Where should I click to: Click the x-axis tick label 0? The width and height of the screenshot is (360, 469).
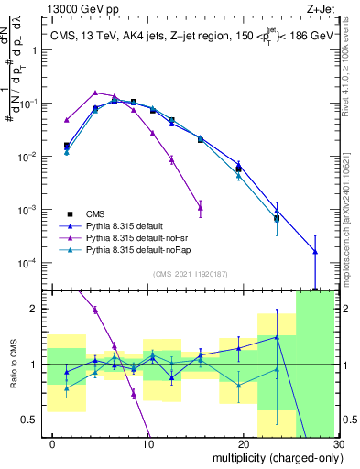tap(51, 443)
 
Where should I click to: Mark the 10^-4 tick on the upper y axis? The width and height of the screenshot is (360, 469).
tap(35, 264)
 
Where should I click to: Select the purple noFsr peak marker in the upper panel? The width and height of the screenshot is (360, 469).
tap(95, 93)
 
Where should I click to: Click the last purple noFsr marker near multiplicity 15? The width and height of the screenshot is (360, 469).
tap(200, 208)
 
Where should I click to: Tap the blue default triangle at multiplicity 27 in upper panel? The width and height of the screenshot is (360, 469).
tap(315, 251)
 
